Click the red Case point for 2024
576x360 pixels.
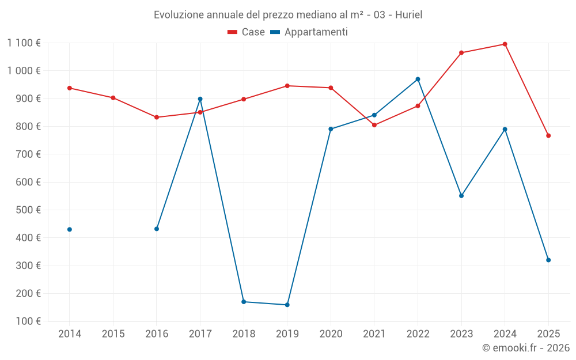point(505,44)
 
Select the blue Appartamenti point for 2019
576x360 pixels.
point(287,305)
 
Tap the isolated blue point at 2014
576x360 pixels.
point(70,229)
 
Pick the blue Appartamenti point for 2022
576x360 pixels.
point(418,79)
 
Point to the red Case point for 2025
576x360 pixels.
point(548,135)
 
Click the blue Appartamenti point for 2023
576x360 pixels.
point(461,196)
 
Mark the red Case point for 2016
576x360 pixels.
point(157,118)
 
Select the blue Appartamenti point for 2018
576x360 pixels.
point(244,302)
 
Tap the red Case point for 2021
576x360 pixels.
point(374,125)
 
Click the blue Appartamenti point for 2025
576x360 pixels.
point(548,260)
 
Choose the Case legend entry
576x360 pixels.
point(247,32)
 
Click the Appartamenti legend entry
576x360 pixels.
point(309,32)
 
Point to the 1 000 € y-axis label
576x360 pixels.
point(24,70)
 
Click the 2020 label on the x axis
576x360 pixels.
point(331,334)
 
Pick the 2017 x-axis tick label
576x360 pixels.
point(200,334)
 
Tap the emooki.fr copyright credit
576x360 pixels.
point(525,348)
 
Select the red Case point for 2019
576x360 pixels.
point(287,86)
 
